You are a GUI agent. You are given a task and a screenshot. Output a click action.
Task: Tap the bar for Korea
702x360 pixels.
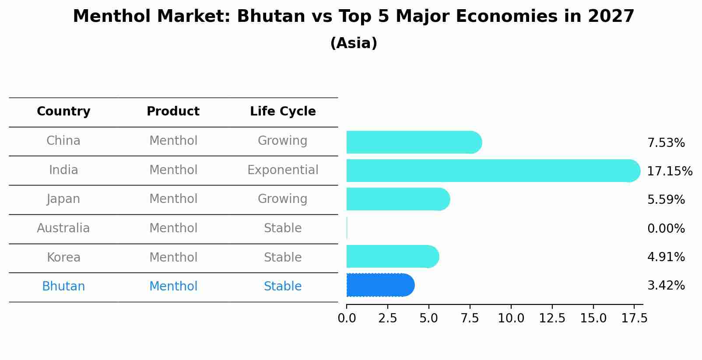[x=392, y=256]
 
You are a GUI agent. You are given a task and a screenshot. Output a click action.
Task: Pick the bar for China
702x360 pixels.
[x=414, y=142]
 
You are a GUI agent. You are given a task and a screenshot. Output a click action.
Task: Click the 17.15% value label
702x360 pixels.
[x=670, y=171]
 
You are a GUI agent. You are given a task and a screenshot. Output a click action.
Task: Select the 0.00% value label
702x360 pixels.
[x=666, y=228]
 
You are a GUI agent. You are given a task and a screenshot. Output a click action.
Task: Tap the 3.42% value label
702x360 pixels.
[x=666, y=286]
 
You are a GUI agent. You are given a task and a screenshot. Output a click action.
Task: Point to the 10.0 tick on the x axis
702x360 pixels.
[x=511, y=318]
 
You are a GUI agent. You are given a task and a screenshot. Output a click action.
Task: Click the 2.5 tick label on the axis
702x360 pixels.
[x=387, y=318]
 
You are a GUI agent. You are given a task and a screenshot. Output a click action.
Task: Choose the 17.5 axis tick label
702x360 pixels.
[x=634, y=318]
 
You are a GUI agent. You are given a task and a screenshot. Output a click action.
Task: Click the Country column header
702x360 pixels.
[x=63, y=112]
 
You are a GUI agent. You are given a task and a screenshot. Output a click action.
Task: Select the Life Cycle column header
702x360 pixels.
[x=283, y=112]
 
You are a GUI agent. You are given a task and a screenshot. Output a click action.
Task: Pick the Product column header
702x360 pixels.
[x=173, y=112]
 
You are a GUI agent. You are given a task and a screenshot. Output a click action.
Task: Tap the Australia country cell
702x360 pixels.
[x=63, y=228]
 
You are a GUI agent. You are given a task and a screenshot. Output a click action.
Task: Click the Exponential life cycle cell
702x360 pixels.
[x=283, y=170]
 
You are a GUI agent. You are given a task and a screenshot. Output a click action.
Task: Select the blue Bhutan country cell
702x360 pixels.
[x=63, y=287]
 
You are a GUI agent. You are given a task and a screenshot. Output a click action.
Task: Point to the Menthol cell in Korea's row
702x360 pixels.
[x=173, y=257]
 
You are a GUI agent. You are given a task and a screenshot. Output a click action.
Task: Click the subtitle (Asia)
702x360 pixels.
[x=354, y=43]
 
